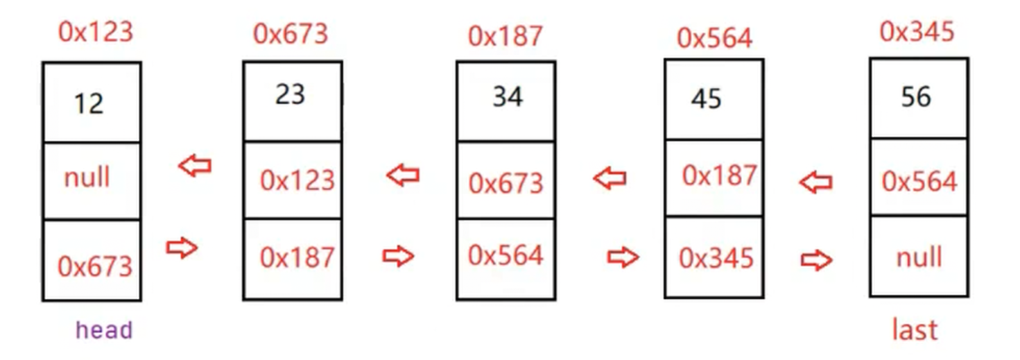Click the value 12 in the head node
(89, 104)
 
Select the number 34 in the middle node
(508, 97)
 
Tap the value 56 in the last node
(916, 97)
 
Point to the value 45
(706, 99)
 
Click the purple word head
(104, 330)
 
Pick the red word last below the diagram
(915, 330)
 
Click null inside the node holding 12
(87, 178)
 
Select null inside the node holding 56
(919, 257)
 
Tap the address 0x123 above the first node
(95, 32)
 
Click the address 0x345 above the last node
(917, 31)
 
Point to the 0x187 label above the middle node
(505, 36)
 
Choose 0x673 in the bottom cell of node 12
(94, 266)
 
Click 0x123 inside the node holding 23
(297, 180)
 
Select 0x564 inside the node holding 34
(505, 255)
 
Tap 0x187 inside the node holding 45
(719, 176)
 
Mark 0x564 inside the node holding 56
(919, 182)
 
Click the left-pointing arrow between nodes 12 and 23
(195, 166)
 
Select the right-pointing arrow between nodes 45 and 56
(816, 261)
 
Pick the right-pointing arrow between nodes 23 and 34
(398, 257)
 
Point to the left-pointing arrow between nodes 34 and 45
(610, 179)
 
